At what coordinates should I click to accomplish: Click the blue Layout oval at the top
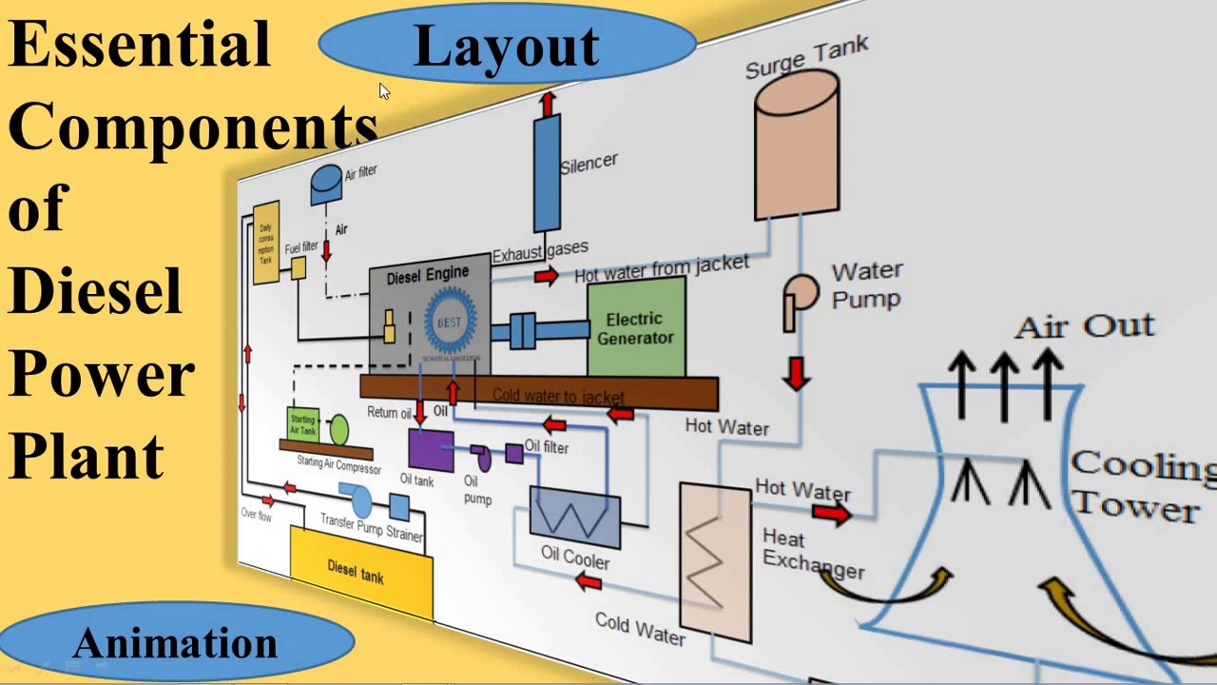(507, 46)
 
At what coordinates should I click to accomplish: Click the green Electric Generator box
(636, 329)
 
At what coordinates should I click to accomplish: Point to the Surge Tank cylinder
(797, 143)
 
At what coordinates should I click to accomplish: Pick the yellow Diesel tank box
(360, 571)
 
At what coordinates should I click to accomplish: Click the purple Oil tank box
(431, 449)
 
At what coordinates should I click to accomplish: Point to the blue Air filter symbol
(326, 183)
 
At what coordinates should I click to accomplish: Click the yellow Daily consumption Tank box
(266, 243)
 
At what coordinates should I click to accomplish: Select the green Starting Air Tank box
(302, 424)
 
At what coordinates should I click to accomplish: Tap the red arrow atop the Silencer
(547, 103)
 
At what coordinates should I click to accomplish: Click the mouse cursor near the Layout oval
(384, 91)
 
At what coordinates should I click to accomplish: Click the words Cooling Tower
(1141, 485)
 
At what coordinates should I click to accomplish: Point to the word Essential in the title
(140, 45)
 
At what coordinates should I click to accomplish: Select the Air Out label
(1085, 326)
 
